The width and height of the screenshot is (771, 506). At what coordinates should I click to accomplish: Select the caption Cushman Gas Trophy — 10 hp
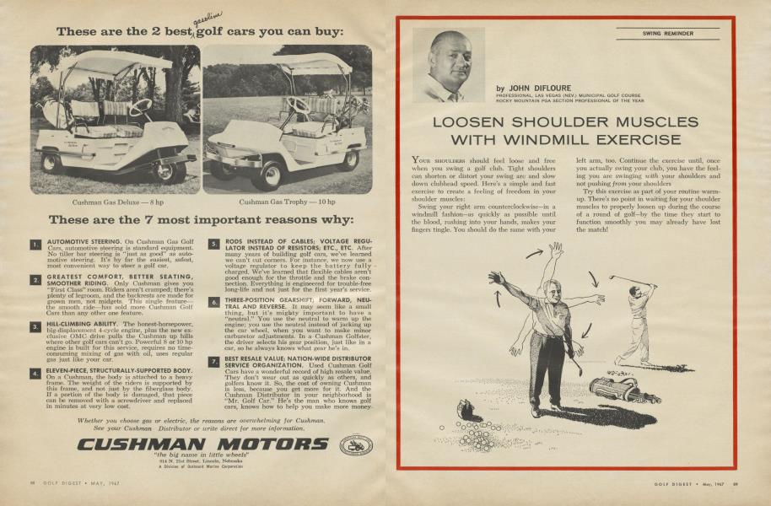click(287, 202)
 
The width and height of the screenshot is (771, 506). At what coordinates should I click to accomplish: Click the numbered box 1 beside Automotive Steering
click(35, 245)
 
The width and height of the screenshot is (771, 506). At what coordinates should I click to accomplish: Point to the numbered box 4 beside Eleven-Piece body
click(35, 372)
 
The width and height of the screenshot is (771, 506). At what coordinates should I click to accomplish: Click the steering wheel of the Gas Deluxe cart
click(140, 107)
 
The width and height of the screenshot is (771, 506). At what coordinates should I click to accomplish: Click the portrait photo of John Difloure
click(448, 66)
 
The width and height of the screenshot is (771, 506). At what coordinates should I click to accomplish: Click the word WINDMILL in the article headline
click(550, 140)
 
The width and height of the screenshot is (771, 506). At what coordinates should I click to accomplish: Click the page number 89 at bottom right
click(736, 482)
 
